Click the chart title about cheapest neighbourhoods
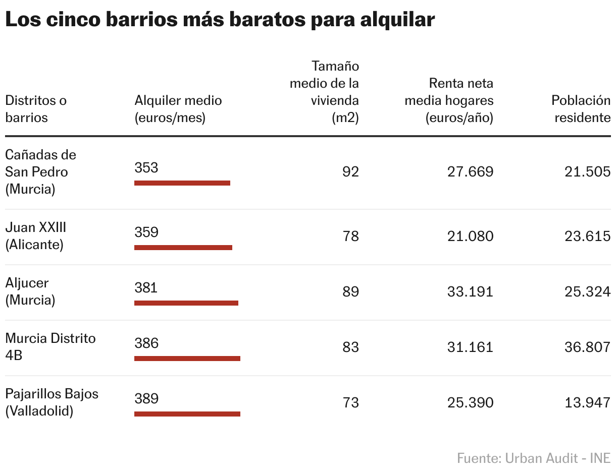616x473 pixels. [220, 20]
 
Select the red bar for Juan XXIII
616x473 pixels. [183, 248]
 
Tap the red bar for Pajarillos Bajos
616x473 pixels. [187, 414]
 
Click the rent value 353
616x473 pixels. [146, 168]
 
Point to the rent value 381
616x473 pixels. [146, 287]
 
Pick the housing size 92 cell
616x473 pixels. [350, 172]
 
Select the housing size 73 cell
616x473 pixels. [350, 403]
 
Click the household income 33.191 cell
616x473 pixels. [470, 292]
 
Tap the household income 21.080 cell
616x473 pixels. [470, 236]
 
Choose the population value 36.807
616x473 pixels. [588, 347]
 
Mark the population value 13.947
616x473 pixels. [588, 403]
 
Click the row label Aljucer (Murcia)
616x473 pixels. [30, 291]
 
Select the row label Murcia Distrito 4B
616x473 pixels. [50, 346]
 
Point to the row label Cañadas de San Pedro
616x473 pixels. [40, 171]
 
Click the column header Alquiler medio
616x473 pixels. [178, 109]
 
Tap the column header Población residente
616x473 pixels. [581, 109]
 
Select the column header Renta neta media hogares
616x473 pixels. [449, 100]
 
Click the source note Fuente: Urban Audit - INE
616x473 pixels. [533, 458]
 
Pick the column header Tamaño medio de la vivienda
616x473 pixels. [325, 92]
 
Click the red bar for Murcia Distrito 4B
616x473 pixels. [187, 359]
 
